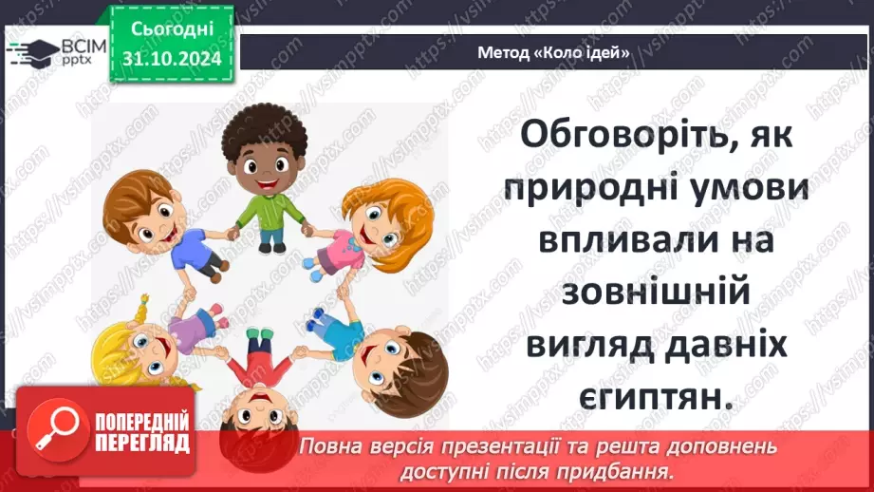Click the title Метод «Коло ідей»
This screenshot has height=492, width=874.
(555, 53)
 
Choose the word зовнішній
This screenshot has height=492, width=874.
(657, 294)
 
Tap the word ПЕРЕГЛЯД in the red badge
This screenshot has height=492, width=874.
(139, 444)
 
